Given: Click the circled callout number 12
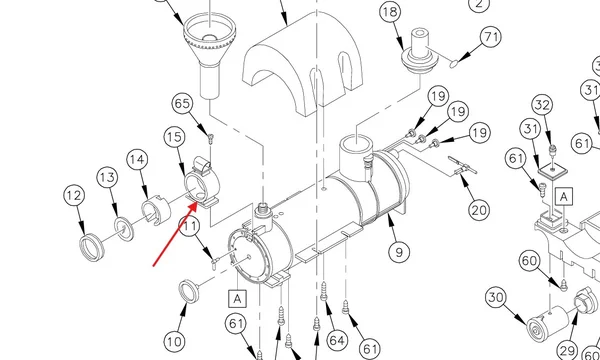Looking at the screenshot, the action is coord(74,195).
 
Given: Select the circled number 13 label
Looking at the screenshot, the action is coord(107,177).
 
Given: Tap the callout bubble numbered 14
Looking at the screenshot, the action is coord(137,159).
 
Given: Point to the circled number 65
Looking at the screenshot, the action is coord(182,104).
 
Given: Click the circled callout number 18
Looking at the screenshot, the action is coord(390,12).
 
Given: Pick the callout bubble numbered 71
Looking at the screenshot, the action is coord(491,37).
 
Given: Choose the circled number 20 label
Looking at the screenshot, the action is coord(479,210).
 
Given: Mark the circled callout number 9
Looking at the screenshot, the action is coord(399,252).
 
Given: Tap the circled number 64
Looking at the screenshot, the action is coord(337,340).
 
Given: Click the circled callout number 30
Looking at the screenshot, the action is coord(496,298).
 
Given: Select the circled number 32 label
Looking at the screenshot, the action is coord(542,105).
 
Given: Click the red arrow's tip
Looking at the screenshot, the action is coord(197,203).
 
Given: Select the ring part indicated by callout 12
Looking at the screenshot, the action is coord(92,249).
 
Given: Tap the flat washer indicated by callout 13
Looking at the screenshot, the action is coord(124,229).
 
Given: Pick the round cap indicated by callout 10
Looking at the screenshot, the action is coord(189,291).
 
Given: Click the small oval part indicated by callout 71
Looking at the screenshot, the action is coord(453,64).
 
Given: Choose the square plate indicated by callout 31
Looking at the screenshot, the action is coord(552,168).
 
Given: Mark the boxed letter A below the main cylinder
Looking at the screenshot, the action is coord(237,298).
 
